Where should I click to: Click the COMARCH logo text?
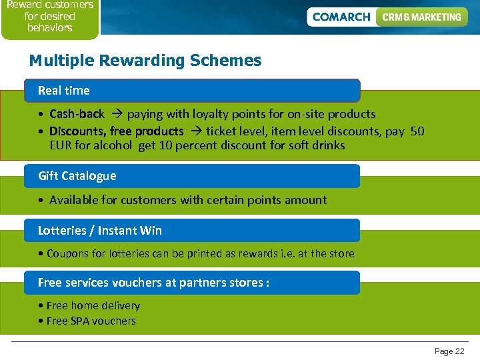pos(341,17)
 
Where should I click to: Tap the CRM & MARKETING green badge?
pos(421,17)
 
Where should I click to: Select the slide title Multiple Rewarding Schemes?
pos(145,61)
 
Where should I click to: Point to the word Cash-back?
pos(77,114)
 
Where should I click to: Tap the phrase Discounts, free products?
pos(116,131)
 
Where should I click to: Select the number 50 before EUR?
pos(417,131)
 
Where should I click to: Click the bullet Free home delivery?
pos(93,306)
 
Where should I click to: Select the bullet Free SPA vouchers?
pos(91,321)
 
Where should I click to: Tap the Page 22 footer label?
pos(449,351)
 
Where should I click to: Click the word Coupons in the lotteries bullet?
pos(68,253)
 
